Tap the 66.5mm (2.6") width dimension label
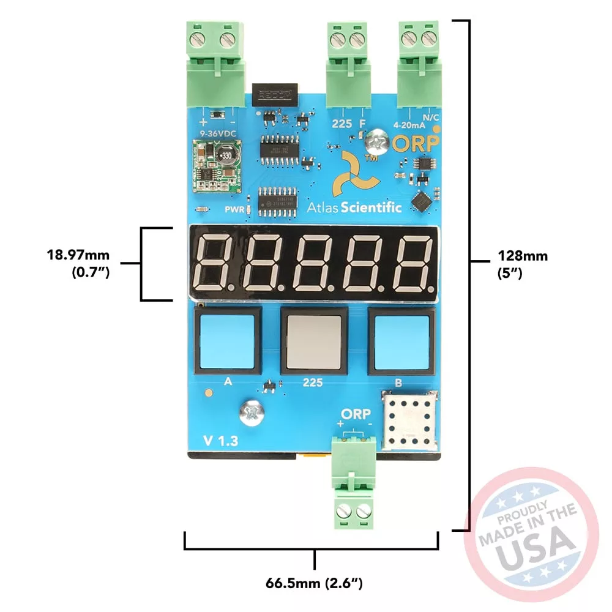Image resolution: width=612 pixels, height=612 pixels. click(x=315, y=583)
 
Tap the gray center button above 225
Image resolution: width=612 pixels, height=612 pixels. click(x=313, y=341)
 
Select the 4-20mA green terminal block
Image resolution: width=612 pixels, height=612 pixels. click(x=420, y=64)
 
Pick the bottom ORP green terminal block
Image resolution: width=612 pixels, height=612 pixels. click(x=354, y=483)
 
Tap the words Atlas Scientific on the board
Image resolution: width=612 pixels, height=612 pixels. click(x=354, y=207)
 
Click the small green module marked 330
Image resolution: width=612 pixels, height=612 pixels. click(x=217, y=165)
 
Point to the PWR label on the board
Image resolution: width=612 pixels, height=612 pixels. click(x=234, y=209)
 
